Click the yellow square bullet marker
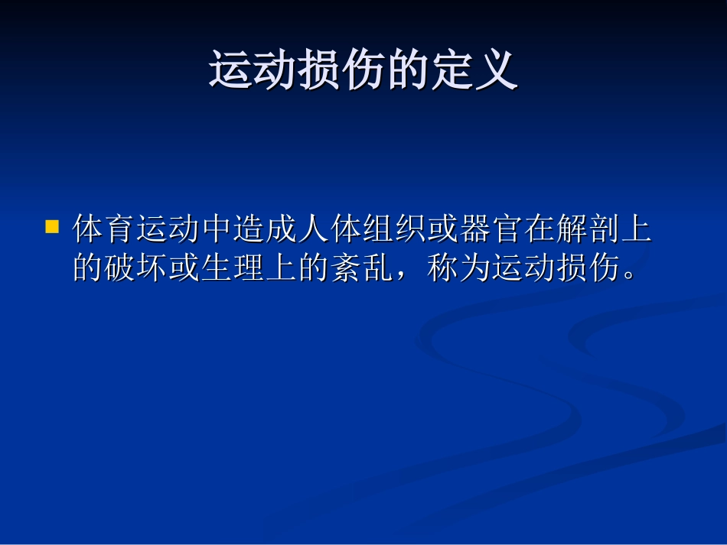[52, 226]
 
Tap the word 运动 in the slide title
[253, 71]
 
